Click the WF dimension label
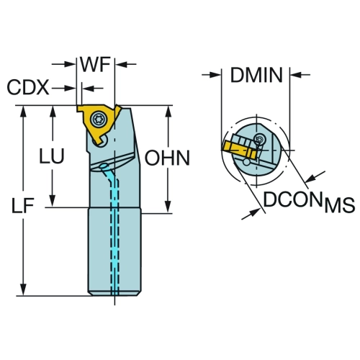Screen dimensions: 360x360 (x=95, y=64)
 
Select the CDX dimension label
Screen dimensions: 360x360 (x=28, y=87)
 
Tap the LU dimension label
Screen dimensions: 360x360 (x=52, y=156)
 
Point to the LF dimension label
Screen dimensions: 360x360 (x=23, y=206)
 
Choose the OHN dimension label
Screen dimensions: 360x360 (x=167, y=158)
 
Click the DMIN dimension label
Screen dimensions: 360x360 (x=256, y=75)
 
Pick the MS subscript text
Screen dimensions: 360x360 (x=340, y=205)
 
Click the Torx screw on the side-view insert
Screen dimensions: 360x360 (x=99, y=118)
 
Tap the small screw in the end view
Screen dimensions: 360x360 (x=260, y=139)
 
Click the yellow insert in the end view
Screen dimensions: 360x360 (x=240, y=150)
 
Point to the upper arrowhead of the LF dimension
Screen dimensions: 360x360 (x=23, y=111)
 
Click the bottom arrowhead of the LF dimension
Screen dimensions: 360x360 (x=23, y=290)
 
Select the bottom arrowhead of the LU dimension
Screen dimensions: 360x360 (x=53, y=201)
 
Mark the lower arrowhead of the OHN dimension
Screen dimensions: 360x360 (x=168, y=207)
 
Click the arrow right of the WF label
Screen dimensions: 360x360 (x=126, y=64)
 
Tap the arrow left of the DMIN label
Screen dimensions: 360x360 (x=211, y=75)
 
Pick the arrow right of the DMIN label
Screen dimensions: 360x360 (x=300, y=75)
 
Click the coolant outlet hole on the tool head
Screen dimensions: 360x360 (x=104, y=166)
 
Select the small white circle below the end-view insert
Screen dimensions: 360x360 (x=246, y=162)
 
